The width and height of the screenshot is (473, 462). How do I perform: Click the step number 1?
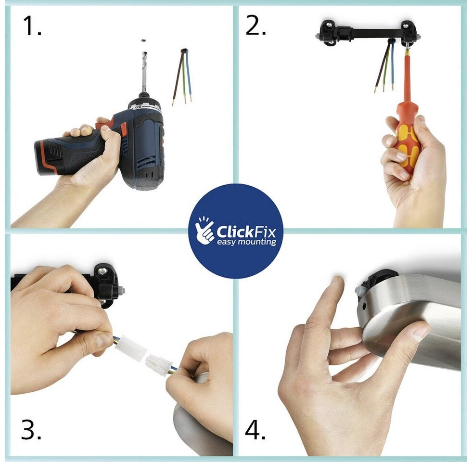pos(32,26)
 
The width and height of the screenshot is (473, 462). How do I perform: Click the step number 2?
pos(256,26)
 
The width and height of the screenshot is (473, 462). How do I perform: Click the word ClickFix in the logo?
pos(246,232)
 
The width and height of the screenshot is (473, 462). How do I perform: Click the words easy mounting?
pos(246,242)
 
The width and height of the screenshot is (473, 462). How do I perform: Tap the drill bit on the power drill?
pos(143,72)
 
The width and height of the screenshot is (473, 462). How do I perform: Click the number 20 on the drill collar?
pos(138,107)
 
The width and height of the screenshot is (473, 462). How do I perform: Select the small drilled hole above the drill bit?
pos(143,40)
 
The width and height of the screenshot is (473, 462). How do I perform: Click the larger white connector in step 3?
pos(130,349)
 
